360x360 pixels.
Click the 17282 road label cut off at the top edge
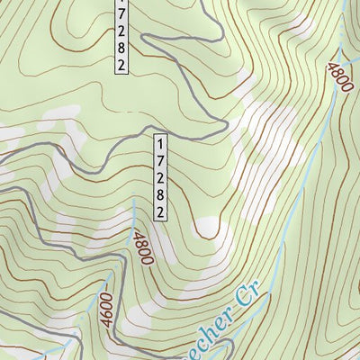click(x=121, y=36)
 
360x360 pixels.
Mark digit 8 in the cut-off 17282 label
click(x=121, y=47)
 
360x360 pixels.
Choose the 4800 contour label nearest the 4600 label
click(x=140, y=248)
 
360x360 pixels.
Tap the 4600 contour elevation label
click(x=108, y=311)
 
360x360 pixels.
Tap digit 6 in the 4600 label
click(x=109, y=316)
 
